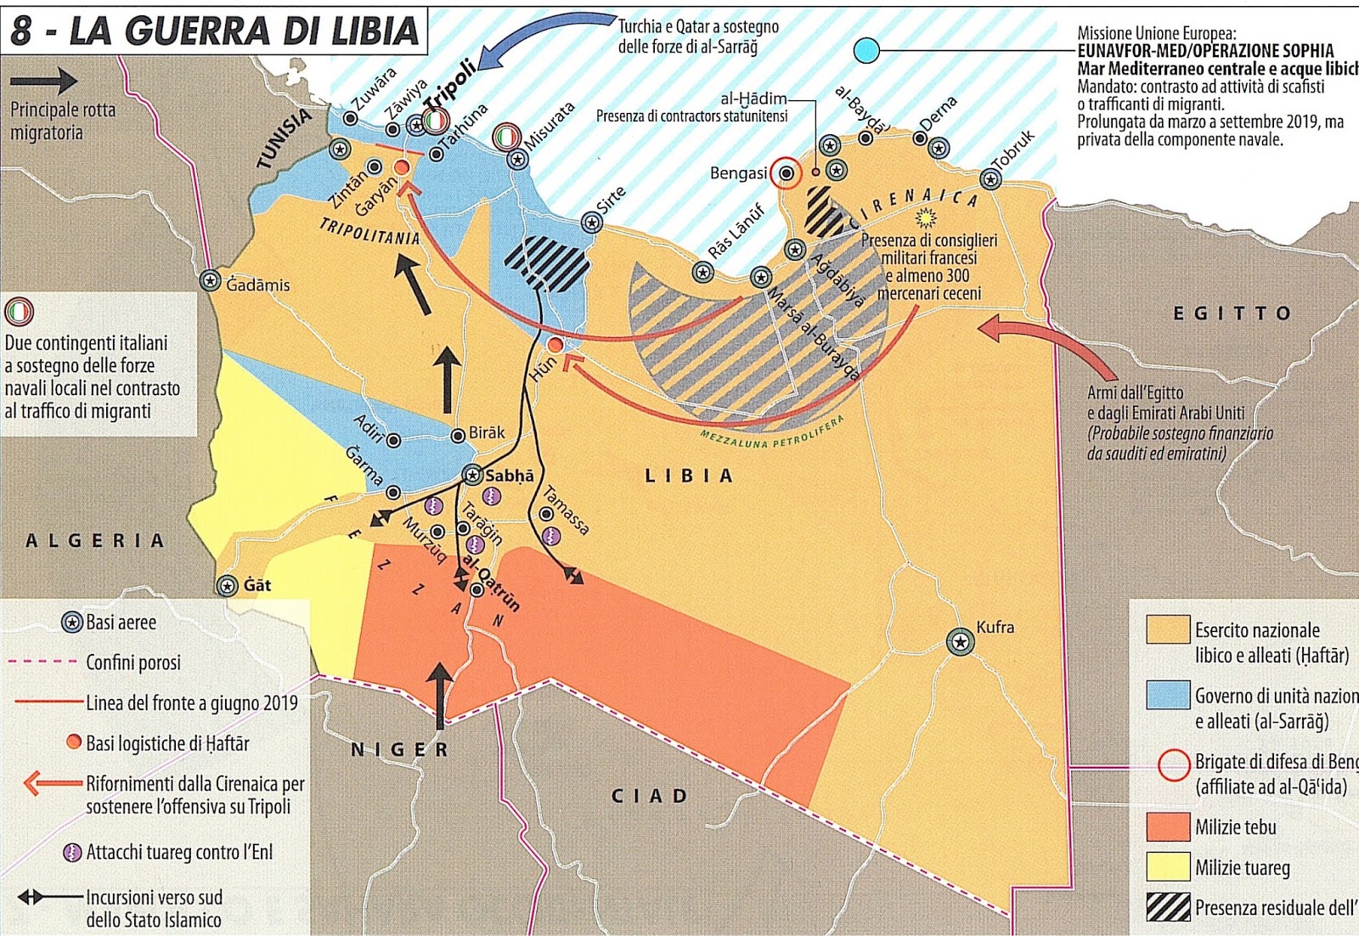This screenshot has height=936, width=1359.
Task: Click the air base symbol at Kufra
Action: point(960,642)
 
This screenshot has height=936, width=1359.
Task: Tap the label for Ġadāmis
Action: point(258,285)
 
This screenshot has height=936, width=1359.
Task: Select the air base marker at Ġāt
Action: point(227,586)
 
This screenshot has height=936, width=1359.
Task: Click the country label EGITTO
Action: point(1232,313)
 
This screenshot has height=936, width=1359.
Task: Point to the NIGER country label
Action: point(400,750)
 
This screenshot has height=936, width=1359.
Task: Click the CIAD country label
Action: point(650,796)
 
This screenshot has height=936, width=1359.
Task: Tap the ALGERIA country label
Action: point(95,541)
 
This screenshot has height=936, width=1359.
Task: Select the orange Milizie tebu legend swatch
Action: point(1167,826)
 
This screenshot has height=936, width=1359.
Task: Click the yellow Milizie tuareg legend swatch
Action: point(1167,867)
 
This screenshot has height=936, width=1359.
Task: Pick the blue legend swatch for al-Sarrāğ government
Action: point(1167,695)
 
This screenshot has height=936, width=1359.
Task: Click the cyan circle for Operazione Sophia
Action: point(866,51)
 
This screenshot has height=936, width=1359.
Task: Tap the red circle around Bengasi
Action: point(787,173)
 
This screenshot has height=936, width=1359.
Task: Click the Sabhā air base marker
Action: point(472,475)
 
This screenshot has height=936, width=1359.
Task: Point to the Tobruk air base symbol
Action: point(990,179)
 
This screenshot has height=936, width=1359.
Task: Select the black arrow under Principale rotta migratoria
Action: point(44,82)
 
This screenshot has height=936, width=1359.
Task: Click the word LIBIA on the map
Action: point(688,476)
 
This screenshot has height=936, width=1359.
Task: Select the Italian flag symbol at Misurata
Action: point(506,136)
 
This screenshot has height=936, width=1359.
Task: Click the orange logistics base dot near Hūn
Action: point(555,345)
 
